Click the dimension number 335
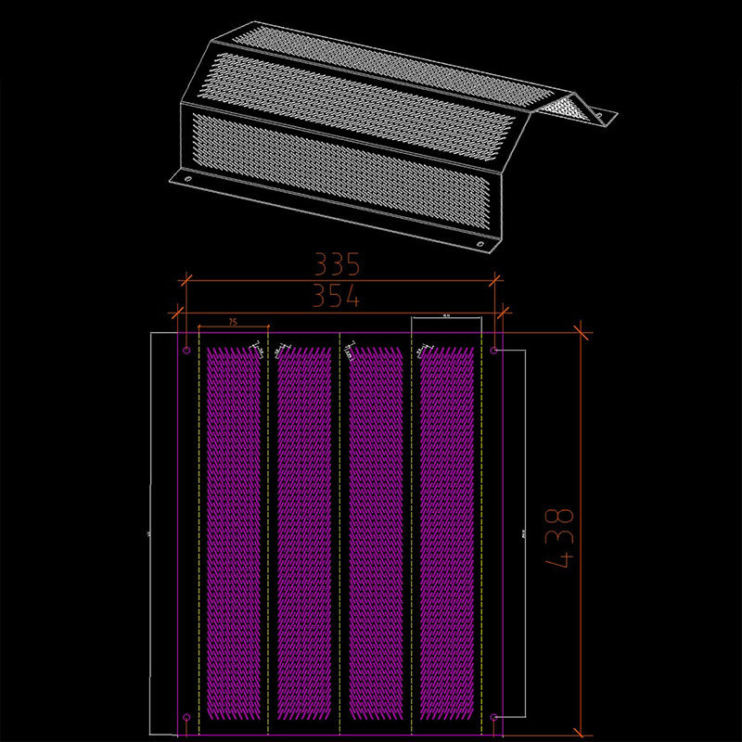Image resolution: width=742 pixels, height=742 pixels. (336, 265)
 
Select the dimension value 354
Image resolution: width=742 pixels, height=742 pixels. (336, 297)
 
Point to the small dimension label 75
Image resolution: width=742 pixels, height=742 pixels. (232, 321)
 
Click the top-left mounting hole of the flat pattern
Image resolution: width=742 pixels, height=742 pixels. (187, 351)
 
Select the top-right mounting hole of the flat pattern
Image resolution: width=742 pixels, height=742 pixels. (494, 351)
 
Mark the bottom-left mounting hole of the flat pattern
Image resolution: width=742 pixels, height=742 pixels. (187, 718)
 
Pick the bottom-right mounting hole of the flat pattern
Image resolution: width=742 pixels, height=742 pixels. (494, 718)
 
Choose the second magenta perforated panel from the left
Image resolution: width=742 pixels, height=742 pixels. (303, 538)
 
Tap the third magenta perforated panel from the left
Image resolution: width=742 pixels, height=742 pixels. (375, 538)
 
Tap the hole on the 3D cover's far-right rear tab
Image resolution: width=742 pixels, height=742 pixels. (599, 117)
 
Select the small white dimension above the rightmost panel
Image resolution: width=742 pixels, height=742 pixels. (446, 317)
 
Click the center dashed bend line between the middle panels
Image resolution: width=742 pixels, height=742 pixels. (339, 538)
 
